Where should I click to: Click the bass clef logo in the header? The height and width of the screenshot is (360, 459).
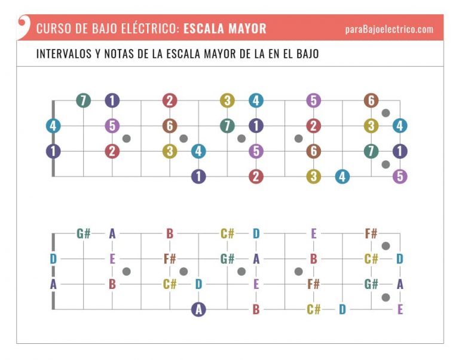(23, 26)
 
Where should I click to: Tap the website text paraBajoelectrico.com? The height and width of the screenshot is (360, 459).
(389, 29)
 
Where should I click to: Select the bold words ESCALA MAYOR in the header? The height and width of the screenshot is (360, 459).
(225, 29)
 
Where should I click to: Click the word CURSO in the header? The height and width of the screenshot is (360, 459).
(51, 29)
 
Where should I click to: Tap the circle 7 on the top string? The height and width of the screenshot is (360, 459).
(83, 100)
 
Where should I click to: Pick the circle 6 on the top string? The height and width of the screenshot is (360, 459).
(371, 100)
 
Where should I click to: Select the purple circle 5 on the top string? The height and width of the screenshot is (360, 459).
(313, 100)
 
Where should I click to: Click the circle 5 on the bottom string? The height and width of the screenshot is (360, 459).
(400, 177)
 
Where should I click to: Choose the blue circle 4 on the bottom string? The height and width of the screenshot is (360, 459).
(342, 177)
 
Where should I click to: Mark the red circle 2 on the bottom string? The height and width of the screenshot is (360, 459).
(256, 177)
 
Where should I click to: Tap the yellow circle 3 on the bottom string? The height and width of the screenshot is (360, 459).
(313, 177)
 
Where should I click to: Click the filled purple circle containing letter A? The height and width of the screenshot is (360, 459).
(198, 309)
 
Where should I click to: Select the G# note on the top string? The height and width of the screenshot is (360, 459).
(83, 233)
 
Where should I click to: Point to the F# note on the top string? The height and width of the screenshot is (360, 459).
(371, 233)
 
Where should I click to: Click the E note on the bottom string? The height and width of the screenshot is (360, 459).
(400, 309)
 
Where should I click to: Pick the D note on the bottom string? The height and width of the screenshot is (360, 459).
(342, 309)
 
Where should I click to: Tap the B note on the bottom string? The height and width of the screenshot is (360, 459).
(256, 309)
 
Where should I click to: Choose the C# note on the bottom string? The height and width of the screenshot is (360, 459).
(313, 309)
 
